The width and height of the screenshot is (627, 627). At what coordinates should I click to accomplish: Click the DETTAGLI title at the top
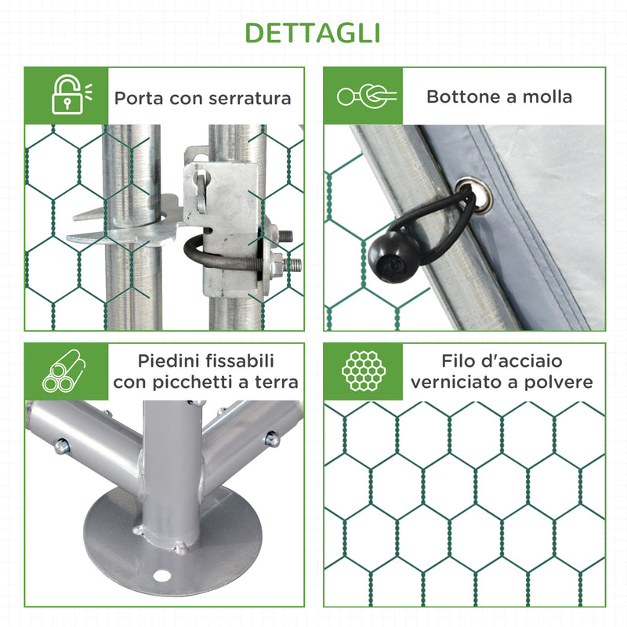coord(313,32)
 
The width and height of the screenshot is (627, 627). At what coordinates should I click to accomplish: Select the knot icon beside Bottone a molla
coord(365,96)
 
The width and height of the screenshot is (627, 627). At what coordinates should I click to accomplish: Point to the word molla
coord(547,97)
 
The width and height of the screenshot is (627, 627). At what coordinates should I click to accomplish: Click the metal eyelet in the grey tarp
coord(467,196)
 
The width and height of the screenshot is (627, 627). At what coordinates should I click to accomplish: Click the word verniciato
coord(456,382)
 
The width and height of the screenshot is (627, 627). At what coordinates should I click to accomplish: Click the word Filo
coord(458,361)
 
